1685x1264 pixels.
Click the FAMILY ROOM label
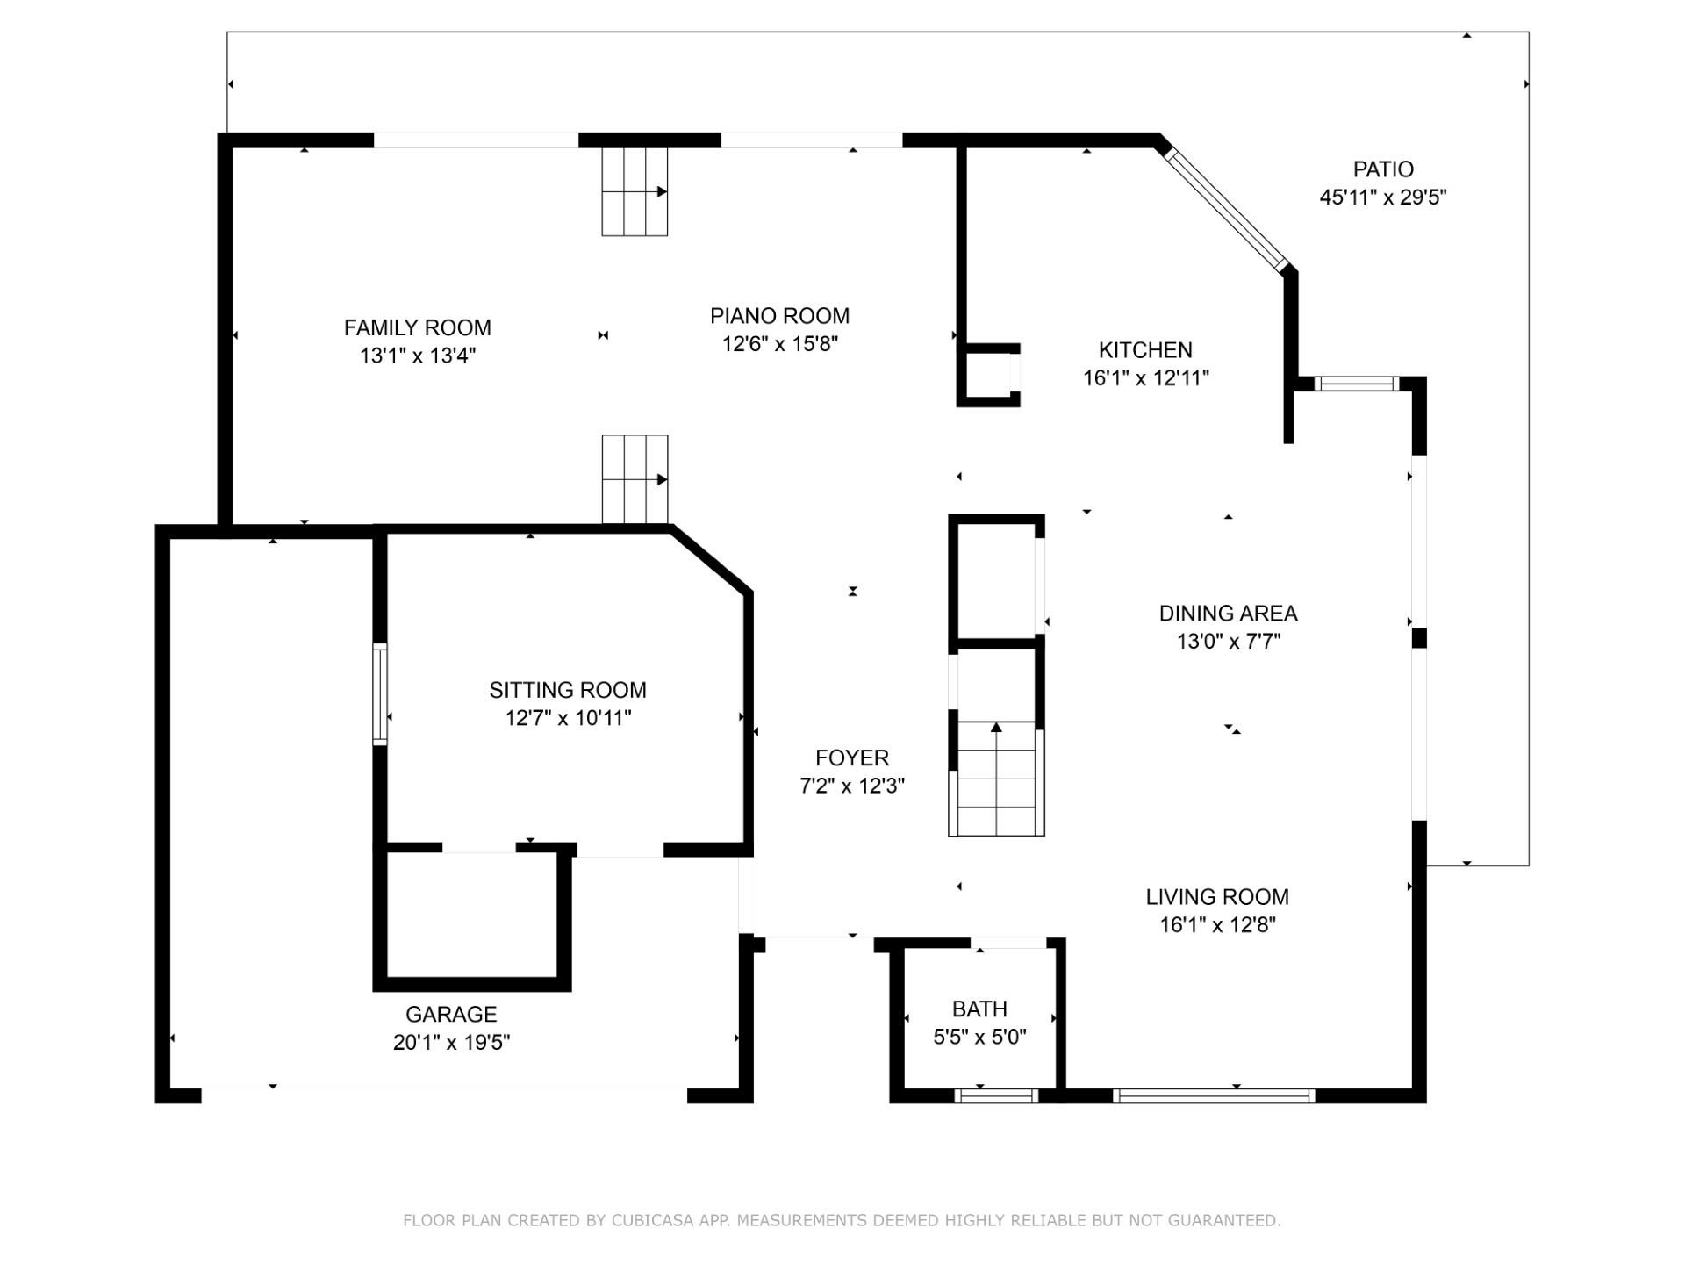tap(417, 327)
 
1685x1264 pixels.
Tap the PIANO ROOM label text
tap(779, 315)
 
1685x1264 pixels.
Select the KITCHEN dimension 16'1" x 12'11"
tap(1145, 378)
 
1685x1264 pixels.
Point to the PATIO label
tap(1383, 169)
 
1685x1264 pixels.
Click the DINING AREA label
tap(1228, 613)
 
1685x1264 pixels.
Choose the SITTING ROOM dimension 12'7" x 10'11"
tap(568, 718)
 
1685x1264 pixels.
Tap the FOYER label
tap(851, 758)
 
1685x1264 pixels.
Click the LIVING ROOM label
tap(1216, 896)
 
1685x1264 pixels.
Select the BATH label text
tap(979, 1009)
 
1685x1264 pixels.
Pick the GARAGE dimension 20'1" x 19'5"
tap(451, 1042)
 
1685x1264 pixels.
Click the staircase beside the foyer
tap(996, 778)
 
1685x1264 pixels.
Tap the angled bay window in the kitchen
tap(1226, 209)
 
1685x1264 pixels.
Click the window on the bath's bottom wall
tap(996, 1095)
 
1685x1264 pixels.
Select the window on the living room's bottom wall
tap(1214, 1095)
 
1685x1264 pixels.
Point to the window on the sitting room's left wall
tap(380, 694)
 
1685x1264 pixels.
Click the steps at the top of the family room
tap(635, 191)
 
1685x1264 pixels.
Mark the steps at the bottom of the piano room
tap(635, 479)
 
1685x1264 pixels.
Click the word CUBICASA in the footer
tap(652, 1220)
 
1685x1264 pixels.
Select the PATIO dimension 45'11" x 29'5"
tap(1383, 197)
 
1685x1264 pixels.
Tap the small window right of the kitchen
tap(1356, 384)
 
